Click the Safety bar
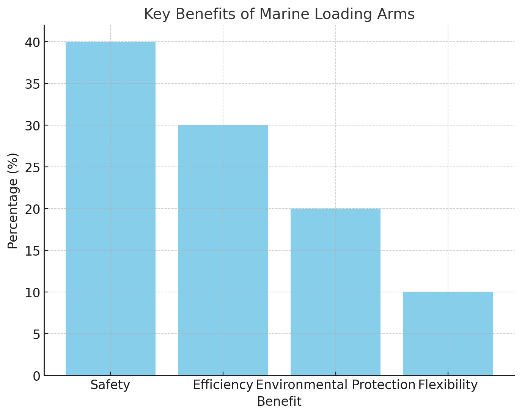(x=110, y=209)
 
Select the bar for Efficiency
(x=223, y=250)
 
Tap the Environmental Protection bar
(x=335, y=292)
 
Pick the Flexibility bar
(x=448, y=334)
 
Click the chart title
(x=279, y=14)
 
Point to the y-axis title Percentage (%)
(x=13, y=201)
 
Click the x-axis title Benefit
(x=279, y=402)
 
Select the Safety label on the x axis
(x=110, y=385)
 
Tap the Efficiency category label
(x=223, y=385)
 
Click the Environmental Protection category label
(x=335, y=385)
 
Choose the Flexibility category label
(x=448, y=385)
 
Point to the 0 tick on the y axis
(x=36, y=376)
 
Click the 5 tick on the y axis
(x=36, y=334)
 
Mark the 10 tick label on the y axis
(x=33, y=292)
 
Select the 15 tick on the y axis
(x=33, y=251)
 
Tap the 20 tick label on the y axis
(x=33, y=209)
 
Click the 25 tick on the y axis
(x=33, y=167)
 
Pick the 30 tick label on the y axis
(x=33, y=126)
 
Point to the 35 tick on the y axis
(x=33, y=84)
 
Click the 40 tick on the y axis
(x=33, y=42)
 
